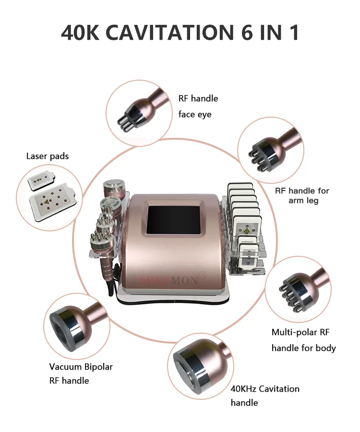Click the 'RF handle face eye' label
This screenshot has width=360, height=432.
198,106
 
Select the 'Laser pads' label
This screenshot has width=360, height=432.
48,156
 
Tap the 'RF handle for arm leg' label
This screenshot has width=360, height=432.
302,195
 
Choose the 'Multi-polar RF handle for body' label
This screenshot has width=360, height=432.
303,340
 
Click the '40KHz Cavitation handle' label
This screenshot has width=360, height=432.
264,395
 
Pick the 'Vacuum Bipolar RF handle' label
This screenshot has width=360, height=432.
81,373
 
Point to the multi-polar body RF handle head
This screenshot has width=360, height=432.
293,289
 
